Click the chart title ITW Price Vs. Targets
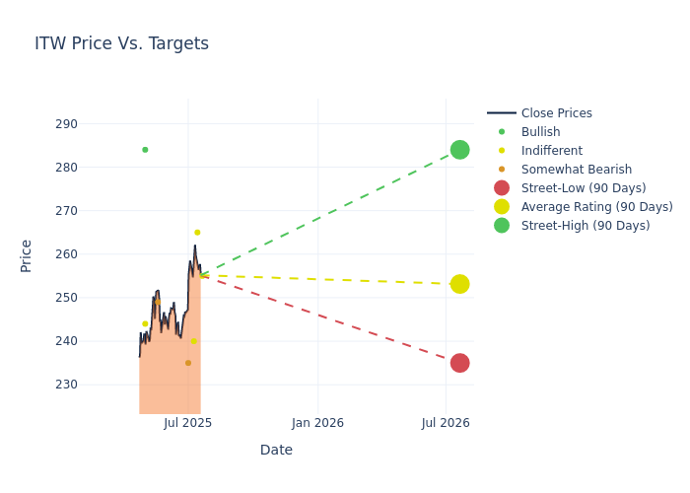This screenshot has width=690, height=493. [121, 43]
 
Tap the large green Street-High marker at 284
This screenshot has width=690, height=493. [459, 150]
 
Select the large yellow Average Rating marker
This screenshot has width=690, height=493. [459, 284]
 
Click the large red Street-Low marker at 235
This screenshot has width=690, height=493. [459, 363]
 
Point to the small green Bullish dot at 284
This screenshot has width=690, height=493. [145, 150]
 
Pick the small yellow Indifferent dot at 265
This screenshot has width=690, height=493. [197, 233]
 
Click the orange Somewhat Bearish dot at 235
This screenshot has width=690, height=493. [188, 363]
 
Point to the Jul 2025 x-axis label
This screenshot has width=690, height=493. [188, 423]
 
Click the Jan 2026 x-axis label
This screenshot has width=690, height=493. [317, 423]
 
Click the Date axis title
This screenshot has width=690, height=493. [276, 450]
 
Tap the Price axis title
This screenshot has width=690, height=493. [27, 255]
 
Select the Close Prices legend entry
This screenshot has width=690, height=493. [556, 113]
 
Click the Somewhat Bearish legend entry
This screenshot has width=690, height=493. [576, 170]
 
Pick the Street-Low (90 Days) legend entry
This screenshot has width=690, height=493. [584, 188]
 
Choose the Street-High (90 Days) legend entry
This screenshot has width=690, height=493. [586, 226]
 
